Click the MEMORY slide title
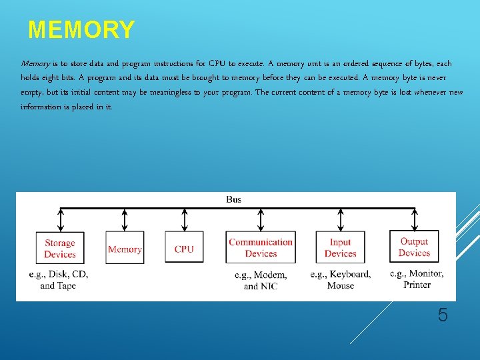coord(81,30)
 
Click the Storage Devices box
coord(60,249)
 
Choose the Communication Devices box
coord(261,248)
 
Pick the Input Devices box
coord(341,248)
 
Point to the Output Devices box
coord(414,247)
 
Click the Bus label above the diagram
coord(234,199)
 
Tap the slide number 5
coord(443,315)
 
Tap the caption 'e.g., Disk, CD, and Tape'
coord(59,280)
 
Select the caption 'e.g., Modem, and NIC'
coord(261,281)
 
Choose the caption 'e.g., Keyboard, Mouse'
coord(341,280)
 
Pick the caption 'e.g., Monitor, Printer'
coord(417,279)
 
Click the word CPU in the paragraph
coord(217,64)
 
